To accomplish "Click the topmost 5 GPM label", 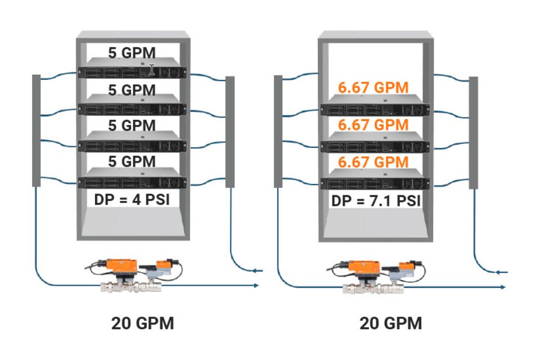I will click(x=132, y=53).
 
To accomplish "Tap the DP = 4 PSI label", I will click(x=132, y=199).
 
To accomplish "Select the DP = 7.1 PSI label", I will click(x=376, y=201).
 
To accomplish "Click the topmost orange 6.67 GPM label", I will click(x=373, y=87).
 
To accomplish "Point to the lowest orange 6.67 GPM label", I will click(x=373, y=162).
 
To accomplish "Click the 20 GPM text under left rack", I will click(x=142, y=323).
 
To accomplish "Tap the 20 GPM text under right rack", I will click(x=390, y=323).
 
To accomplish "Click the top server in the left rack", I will click(x=132, y=72).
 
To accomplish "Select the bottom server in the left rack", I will click(x=132, y=182).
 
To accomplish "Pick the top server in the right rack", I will click(x=374, y=109).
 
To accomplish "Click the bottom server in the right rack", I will click(x=374, y=183).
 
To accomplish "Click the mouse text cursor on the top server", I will click(x=152, y=70).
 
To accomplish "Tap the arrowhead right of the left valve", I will click(x=256, y=286).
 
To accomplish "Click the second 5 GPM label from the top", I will click(x=132, y=89).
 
